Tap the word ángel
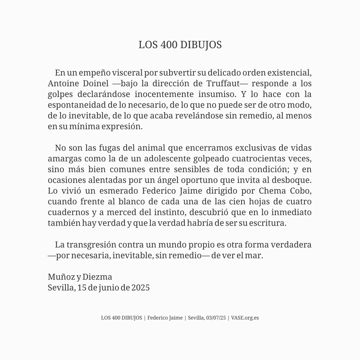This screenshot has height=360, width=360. [180, 180]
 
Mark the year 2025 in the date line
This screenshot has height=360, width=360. [140, 288]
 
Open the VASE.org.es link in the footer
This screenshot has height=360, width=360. [245, 318]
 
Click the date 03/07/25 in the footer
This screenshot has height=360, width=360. [216, 318]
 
